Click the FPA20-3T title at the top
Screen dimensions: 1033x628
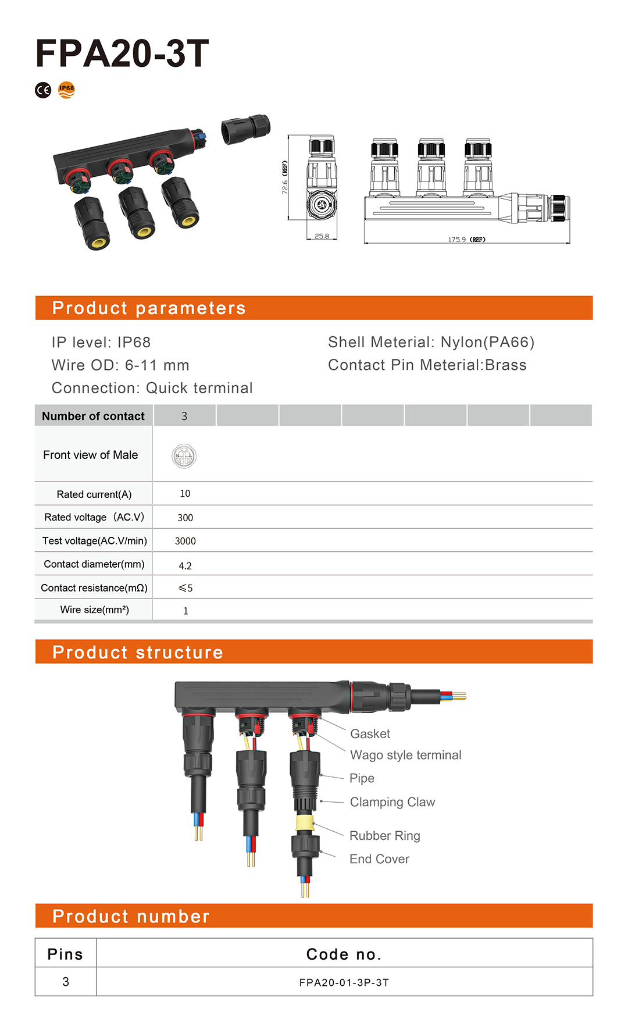pos(122,54)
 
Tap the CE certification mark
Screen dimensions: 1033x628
pos(43,90)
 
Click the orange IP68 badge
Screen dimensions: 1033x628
pos(67,90)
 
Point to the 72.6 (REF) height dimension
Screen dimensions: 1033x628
pos(285,177)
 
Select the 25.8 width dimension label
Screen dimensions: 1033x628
pos(322,236)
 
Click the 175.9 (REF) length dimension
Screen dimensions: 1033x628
pos(466,240)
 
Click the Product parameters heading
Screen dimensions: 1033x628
pos(149,308)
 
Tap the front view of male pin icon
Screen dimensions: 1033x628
pos(184,457)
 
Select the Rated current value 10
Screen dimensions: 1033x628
pos(185,494)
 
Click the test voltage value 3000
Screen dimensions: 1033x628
pos(185,541)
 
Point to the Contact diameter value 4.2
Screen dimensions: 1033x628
pos(185,565)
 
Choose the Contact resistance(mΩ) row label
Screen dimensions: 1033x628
pos(94,588)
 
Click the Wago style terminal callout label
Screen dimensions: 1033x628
pos(405,755)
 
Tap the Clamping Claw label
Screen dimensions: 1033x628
pos(392,802)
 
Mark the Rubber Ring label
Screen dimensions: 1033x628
pos(384,836)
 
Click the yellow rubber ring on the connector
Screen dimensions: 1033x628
pos(305,823)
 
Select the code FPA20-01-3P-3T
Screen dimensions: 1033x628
pos(344,982)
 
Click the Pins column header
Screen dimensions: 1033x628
pos(65,954)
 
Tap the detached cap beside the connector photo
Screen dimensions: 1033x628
pos(246,129)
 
